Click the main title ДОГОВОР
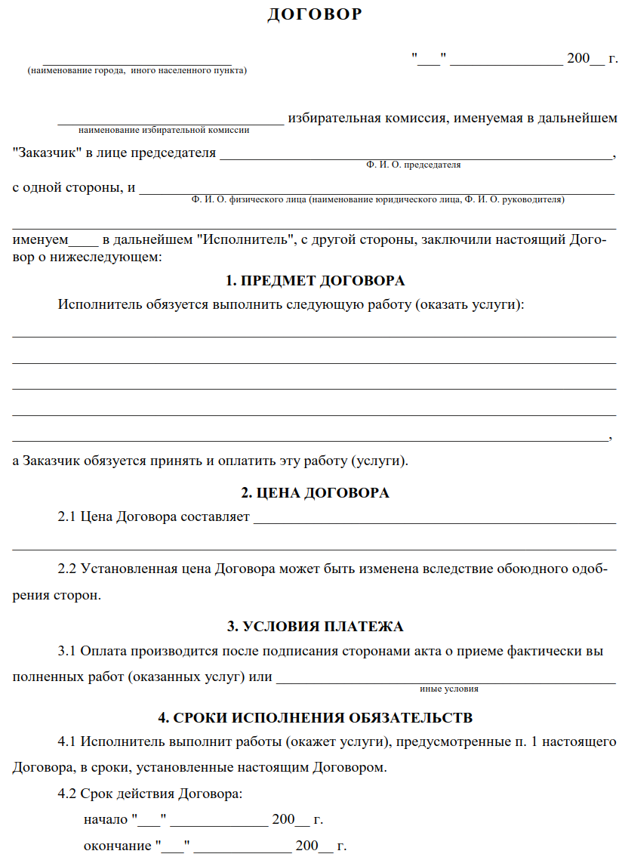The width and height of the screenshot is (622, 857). point(315,14)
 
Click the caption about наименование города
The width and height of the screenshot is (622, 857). point(137,70)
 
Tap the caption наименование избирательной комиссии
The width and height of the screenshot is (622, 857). point(164,129)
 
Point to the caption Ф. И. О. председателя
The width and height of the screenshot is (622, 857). point(413,164)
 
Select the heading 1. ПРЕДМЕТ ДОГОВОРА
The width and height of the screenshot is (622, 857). point(316,281)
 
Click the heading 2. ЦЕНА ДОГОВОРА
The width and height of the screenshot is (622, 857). point(316,493)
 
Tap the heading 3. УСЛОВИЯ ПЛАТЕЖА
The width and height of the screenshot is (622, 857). point(316,627)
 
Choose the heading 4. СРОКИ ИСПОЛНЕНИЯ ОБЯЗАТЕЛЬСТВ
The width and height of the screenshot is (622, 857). point(316,717)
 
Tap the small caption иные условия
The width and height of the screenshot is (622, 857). point(449,689)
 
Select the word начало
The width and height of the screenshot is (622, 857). point(105,819)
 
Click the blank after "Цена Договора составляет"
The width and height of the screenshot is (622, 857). point(434,518)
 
